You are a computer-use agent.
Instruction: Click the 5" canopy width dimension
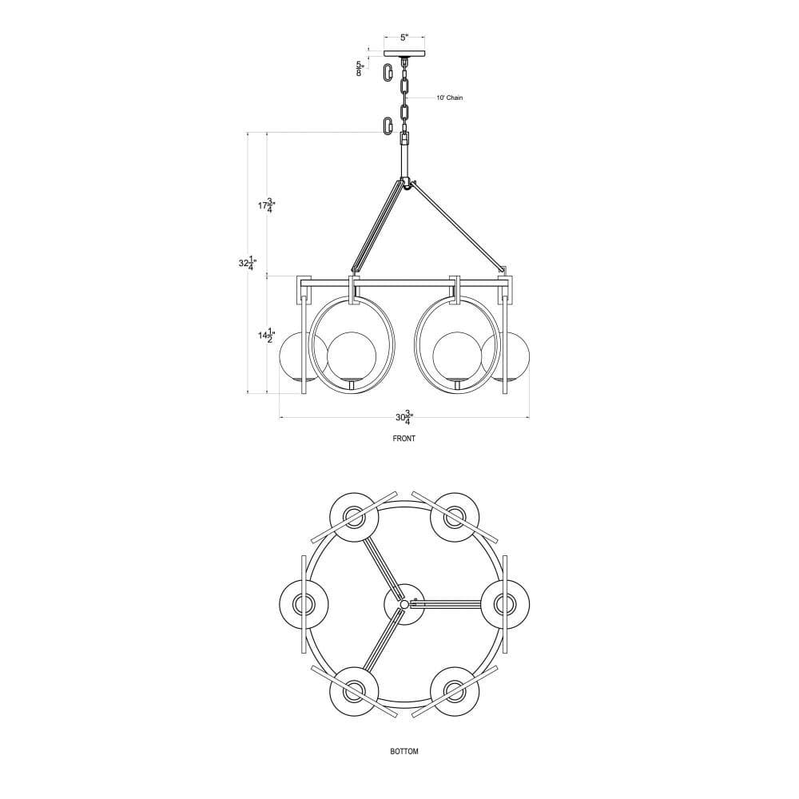(404, 38)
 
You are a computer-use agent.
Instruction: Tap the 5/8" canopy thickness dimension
(360, 68)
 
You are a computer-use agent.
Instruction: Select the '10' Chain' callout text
(449, 97)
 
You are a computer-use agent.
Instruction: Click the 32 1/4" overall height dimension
(248, 264)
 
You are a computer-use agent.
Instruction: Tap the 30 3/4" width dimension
(404, 418)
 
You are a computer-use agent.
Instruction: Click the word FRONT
(404, 438)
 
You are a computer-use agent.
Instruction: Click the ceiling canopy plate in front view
(404, 54)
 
